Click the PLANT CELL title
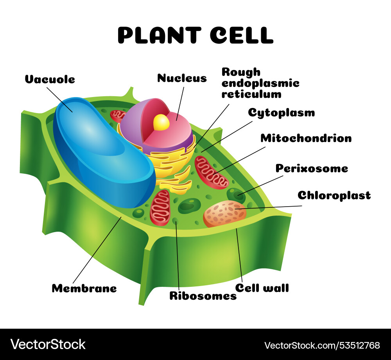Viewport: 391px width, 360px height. (x=195, y=35)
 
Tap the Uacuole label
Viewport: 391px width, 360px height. (x=50, y=79)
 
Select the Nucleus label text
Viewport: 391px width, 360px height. (x=182, y=78)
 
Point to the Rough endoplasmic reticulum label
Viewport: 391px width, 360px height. (x=260, y=83)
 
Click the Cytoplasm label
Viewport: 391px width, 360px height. (x=281, y=113)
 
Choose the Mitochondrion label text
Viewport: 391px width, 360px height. (x=306, y=138)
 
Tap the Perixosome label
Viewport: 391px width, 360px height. (x=312, y=168)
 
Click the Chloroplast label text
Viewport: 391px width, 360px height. (x=334, y=195)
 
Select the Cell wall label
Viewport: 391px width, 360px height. (x=262, y=288)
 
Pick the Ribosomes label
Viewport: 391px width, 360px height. (x=203, y=296)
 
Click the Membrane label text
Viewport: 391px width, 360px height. (x=84, y=288)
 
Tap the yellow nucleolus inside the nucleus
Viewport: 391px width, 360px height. (x=161, y=122)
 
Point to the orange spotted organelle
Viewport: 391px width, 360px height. (x=224, y=214)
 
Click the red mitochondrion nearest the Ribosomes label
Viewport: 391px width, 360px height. (x=160, y=208)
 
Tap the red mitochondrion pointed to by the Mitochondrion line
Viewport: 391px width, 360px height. (x=211, y=172)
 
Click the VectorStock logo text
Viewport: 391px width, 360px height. (x=48, y=344)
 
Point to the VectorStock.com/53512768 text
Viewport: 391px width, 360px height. (x=322, y=345)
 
